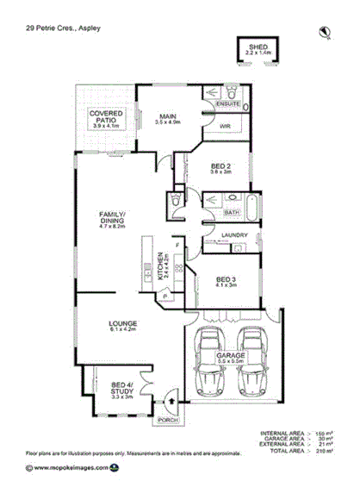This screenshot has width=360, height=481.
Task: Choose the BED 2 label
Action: point(221,167)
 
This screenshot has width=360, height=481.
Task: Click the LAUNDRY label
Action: point(235,234)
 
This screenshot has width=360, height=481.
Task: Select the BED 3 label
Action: point(226,282)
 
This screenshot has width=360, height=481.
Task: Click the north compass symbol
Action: point(326,34)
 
